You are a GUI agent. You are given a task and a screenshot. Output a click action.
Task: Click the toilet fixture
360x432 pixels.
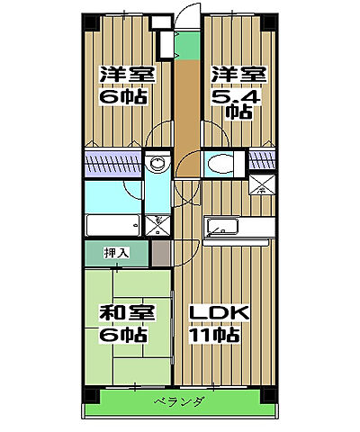click(x=218, y=164)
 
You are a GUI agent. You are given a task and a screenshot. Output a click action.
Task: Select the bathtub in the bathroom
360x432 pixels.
click(x=111, y=224)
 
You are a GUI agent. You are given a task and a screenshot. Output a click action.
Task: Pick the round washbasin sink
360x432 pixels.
click(x=158, y=164)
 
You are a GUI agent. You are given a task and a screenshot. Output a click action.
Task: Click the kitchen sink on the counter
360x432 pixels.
click(x=221, y=225)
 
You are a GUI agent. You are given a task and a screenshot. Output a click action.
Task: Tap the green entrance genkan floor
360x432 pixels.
click(x=185, y=43)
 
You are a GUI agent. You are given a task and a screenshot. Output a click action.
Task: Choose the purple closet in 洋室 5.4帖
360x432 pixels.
click(x=260, y=161)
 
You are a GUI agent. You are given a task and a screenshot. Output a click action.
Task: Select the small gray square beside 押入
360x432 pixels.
click(x=159, y=252)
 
